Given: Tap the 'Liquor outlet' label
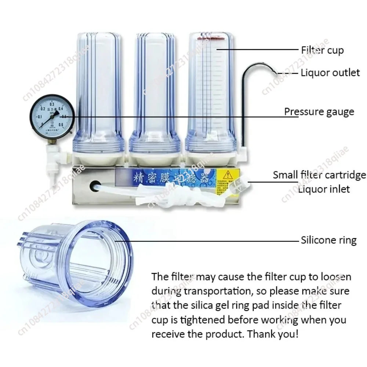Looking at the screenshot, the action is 330,73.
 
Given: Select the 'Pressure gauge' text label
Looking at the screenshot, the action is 319,112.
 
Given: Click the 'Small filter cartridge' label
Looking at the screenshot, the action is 319,175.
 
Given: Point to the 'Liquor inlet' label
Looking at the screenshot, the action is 324,189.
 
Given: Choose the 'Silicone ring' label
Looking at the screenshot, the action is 328,240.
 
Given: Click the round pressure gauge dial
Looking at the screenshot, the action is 52,117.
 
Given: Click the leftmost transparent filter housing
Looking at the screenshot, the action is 98,95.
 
